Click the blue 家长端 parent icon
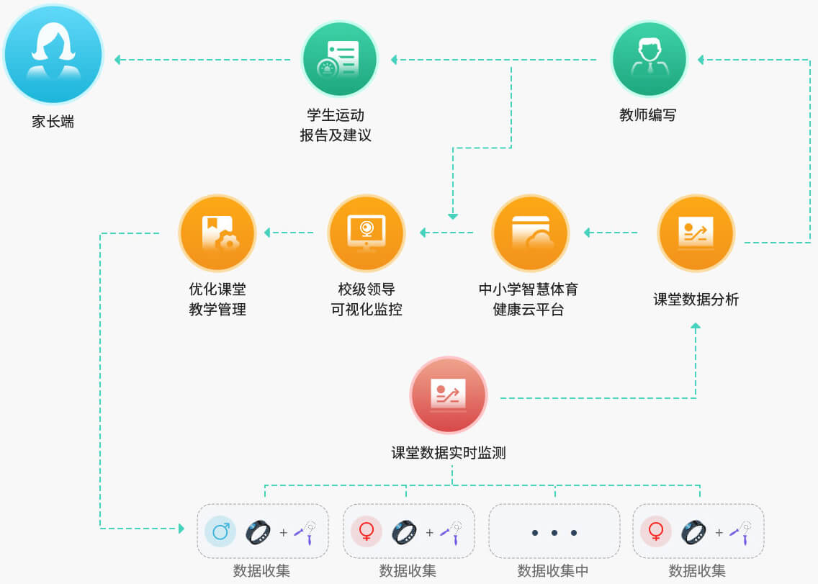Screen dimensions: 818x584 pos(53,54)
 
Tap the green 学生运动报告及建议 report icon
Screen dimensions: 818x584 pos(340,59)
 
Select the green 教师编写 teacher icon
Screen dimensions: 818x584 pos(649,59)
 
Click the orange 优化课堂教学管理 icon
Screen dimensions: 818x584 pos(217,233)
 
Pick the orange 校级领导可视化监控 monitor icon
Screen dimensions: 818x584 pos(367,233)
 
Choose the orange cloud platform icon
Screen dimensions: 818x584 pos(531,233)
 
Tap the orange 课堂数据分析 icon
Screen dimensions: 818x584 pos(696,233)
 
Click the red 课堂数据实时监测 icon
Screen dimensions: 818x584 pos(448,395)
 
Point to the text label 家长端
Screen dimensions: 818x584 pos(53,122)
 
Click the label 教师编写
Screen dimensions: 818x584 pos(648,114)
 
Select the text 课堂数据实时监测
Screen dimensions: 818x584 pos(449,452)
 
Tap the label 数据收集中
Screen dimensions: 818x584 pos(553,570)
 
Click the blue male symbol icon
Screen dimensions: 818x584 pos(220,531)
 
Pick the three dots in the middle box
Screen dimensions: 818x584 pos(554,533)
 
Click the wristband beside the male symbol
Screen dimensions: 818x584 pos(258,532)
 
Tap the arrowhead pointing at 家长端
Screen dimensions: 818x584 pos(117,60)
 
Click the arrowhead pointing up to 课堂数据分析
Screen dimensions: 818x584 pos(696,325)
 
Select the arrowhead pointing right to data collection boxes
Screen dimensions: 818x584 pos(181,529)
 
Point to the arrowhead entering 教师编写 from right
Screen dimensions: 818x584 pos(701,60)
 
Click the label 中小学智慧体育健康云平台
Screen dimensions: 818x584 pos(529,299)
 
